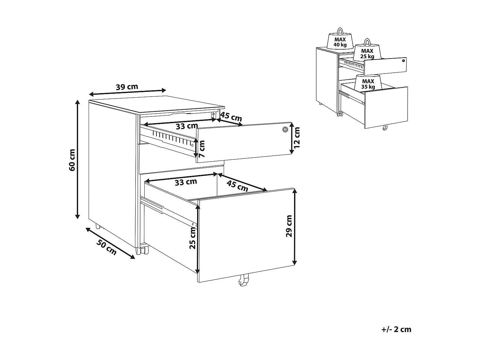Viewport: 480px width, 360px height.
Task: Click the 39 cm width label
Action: point(127,87)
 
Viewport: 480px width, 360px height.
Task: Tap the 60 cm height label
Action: point(72,160)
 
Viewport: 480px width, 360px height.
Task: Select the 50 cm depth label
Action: point(107,247)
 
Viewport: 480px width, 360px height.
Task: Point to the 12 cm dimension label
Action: point(297,138)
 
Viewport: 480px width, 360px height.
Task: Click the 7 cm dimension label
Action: point(202,149)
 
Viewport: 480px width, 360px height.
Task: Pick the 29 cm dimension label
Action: point(289,226)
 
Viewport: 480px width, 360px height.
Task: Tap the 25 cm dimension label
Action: point(192,238)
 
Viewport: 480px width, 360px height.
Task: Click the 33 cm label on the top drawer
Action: point(187,126)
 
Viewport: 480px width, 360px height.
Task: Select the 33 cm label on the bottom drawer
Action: point(186,182)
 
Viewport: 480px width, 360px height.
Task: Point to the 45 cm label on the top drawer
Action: point(231,117)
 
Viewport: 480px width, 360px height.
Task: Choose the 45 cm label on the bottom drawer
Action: point(237,186)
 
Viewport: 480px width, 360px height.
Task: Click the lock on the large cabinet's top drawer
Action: point(285,130)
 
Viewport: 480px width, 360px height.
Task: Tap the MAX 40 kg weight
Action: point(340,40)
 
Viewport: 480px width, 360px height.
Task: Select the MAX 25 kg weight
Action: point(367,51)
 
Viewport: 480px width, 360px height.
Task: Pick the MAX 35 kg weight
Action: point(368,83)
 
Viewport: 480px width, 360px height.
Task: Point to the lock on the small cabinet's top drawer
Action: point(403,61)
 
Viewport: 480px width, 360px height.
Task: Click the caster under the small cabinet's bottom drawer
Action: point(385,127)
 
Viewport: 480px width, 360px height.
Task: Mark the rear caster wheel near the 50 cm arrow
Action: point(98,226)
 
